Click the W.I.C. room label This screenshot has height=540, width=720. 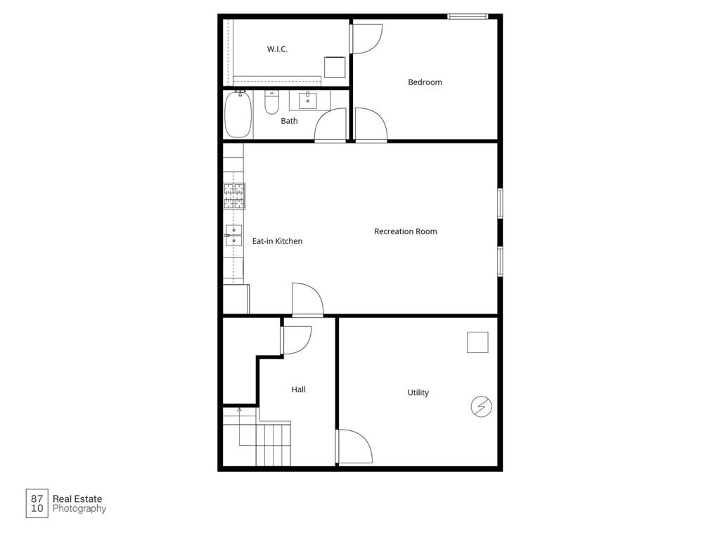pyautogui.click(x=277, y=49)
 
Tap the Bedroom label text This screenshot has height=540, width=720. pyautogui.click(x=425, y=82)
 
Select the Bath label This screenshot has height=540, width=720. pyautogui.click(x=289, y=121)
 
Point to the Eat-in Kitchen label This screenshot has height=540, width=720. pyautogui.click(x=277, y=241)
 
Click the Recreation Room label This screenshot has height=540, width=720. pyautogui.click(x=405, y=231)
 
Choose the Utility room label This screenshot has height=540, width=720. pyautogui.click(x=418, y=392)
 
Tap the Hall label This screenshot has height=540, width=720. pyautogui.click(x=298, y=389)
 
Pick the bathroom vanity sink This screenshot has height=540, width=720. pyautogui.click(x=308, y=101)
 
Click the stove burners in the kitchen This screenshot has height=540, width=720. pyautogui.click(x=235, y=196)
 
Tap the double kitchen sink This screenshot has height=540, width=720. pyautogui.click(x=233, y=236)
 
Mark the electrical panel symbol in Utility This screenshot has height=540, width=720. pyautogui.click(x=482, y=406)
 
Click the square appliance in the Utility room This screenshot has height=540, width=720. pyautogui.click(x=478, y=342)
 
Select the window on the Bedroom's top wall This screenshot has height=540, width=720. pyautogui.click(x=468, y=16)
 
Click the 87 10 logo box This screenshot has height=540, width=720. pyautogui.click(x=37, y=503)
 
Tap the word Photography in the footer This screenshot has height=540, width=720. pyautogui.click(x=79, y=509)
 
